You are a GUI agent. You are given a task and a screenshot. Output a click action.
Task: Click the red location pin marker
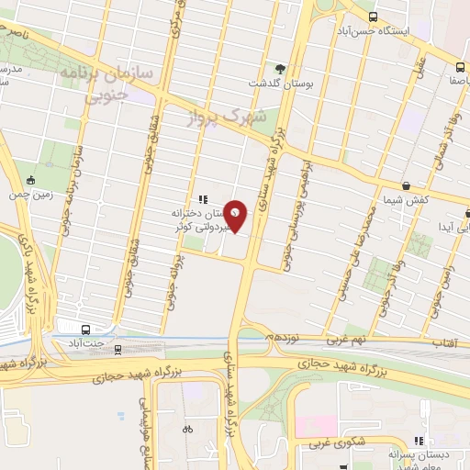point(236,215)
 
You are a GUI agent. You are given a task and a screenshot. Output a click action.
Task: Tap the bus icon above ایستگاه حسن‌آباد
point(372,17)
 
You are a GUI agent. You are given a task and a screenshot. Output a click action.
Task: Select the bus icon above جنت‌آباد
point(85,330)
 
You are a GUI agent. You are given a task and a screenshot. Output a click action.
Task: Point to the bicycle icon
point(188,428)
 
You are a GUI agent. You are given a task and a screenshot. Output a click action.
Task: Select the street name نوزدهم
point(284,338)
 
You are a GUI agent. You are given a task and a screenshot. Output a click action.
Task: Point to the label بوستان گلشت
point(281,84)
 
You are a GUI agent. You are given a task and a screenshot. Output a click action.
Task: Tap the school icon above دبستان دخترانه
point(203,198)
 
